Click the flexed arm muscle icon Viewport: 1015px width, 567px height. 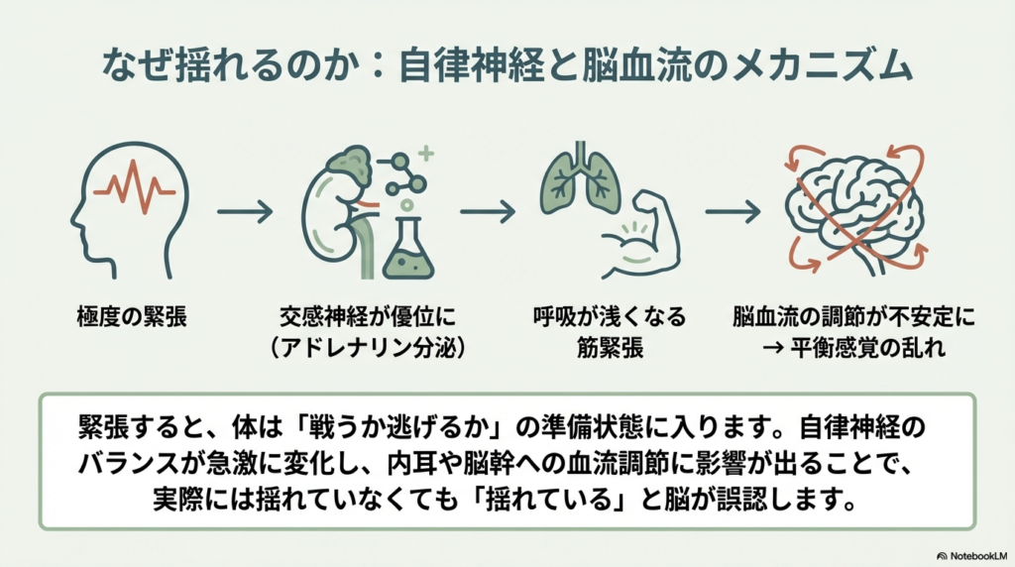click(x=634, y=238)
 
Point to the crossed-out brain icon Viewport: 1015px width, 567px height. click(x=853, y=207)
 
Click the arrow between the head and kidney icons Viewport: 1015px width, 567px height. click(x=244, y=210)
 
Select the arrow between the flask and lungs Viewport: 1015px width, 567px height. click(x=488, y=210)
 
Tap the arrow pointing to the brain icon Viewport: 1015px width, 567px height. click(x=733, y=210)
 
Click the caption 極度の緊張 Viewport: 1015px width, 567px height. click(x=128, y=319)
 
